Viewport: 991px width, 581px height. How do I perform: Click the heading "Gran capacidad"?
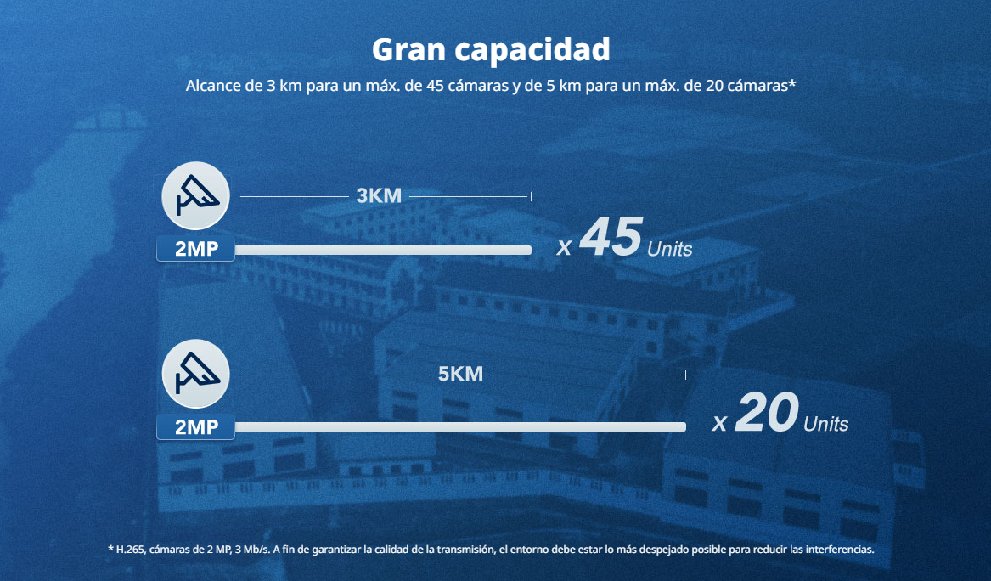coord(491,49)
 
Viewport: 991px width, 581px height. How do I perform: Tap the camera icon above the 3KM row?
coord(196,196)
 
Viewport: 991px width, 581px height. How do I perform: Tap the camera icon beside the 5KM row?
coord(196,374)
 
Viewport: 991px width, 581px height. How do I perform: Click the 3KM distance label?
coord(379,196)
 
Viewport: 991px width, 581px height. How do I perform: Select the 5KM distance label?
coord(460,374)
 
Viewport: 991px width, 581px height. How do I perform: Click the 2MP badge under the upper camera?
coord(196,250)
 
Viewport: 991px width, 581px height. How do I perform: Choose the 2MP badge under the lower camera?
coord(196,427)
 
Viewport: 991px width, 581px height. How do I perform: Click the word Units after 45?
coord(669,250)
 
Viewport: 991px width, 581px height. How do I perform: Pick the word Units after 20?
coord(825,424)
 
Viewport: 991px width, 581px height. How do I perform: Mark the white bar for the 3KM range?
coord(382,250)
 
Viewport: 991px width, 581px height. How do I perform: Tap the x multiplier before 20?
coord(720,423)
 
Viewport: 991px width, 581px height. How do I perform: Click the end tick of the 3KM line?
coord(531,196)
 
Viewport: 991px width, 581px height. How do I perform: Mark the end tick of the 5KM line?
coord(685,374)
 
